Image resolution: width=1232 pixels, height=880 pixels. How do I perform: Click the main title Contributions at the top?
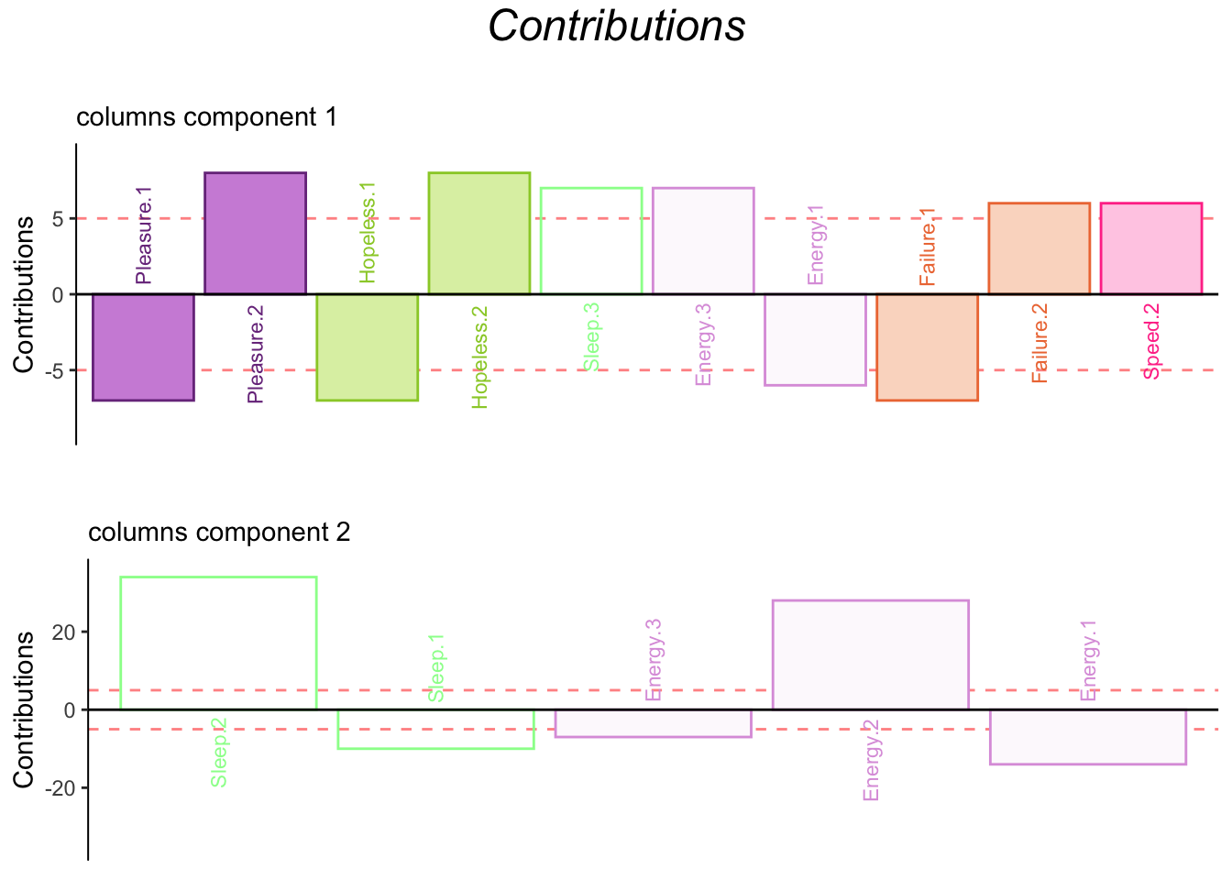point(616,27)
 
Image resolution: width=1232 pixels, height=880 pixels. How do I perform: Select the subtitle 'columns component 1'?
point(206,117)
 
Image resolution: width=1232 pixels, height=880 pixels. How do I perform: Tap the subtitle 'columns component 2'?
point(219,533)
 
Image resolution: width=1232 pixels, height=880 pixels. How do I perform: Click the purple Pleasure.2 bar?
point(255,234)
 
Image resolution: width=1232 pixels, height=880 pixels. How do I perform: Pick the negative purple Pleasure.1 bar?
point(143,346)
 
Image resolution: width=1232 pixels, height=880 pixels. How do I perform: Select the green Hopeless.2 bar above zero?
point(478,234)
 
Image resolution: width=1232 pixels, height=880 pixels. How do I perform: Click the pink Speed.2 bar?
point(1150,248)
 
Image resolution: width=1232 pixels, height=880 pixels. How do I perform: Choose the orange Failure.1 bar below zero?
point(927,346)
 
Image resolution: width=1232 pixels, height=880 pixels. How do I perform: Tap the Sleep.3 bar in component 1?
point(591,241)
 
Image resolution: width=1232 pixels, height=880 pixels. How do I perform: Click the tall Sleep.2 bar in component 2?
point(218,643)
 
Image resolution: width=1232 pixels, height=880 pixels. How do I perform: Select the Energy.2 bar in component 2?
point(870,654)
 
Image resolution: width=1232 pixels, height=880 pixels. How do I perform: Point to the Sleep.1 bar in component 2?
point(435,729)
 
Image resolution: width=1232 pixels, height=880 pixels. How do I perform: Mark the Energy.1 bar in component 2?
point(1087,736)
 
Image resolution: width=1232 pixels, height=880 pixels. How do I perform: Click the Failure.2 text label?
point(1039,343)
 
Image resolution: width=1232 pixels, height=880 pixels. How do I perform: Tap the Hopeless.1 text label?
point(368,232)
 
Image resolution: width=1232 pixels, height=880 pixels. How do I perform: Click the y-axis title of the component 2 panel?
point(24,709)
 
